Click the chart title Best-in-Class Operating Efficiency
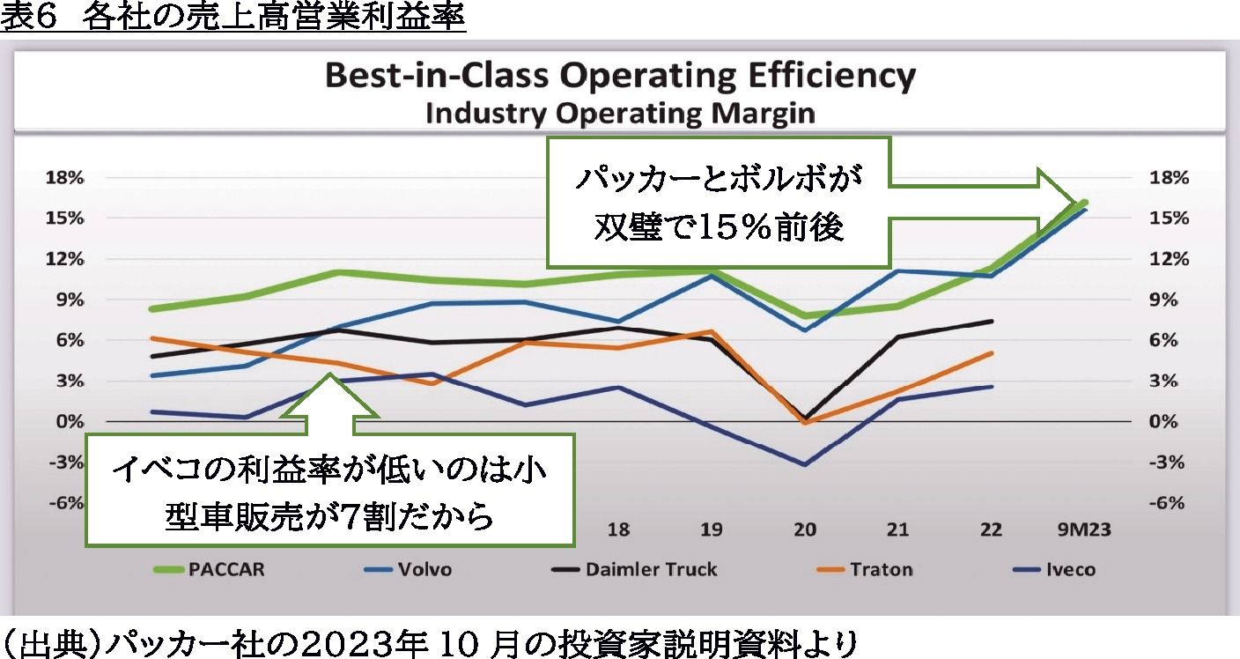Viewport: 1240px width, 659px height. tap(620, 77)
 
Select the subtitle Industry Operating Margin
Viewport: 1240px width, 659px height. tap(620, 114)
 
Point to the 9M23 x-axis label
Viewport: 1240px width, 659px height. tap(1083, 530)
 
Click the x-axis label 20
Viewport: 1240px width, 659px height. tap(805, 530)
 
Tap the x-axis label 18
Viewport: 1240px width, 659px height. tap(618, 530)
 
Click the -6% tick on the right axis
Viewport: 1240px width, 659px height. tap(1169, 503)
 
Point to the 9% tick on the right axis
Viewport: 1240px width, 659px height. tap(1169, 300)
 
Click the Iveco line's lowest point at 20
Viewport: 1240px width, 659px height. tap(805, 464)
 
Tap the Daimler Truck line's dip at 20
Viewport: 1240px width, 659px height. tap(805, 418)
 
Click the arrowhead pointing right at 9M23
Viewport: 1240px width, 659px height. tap(1061, 201)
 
